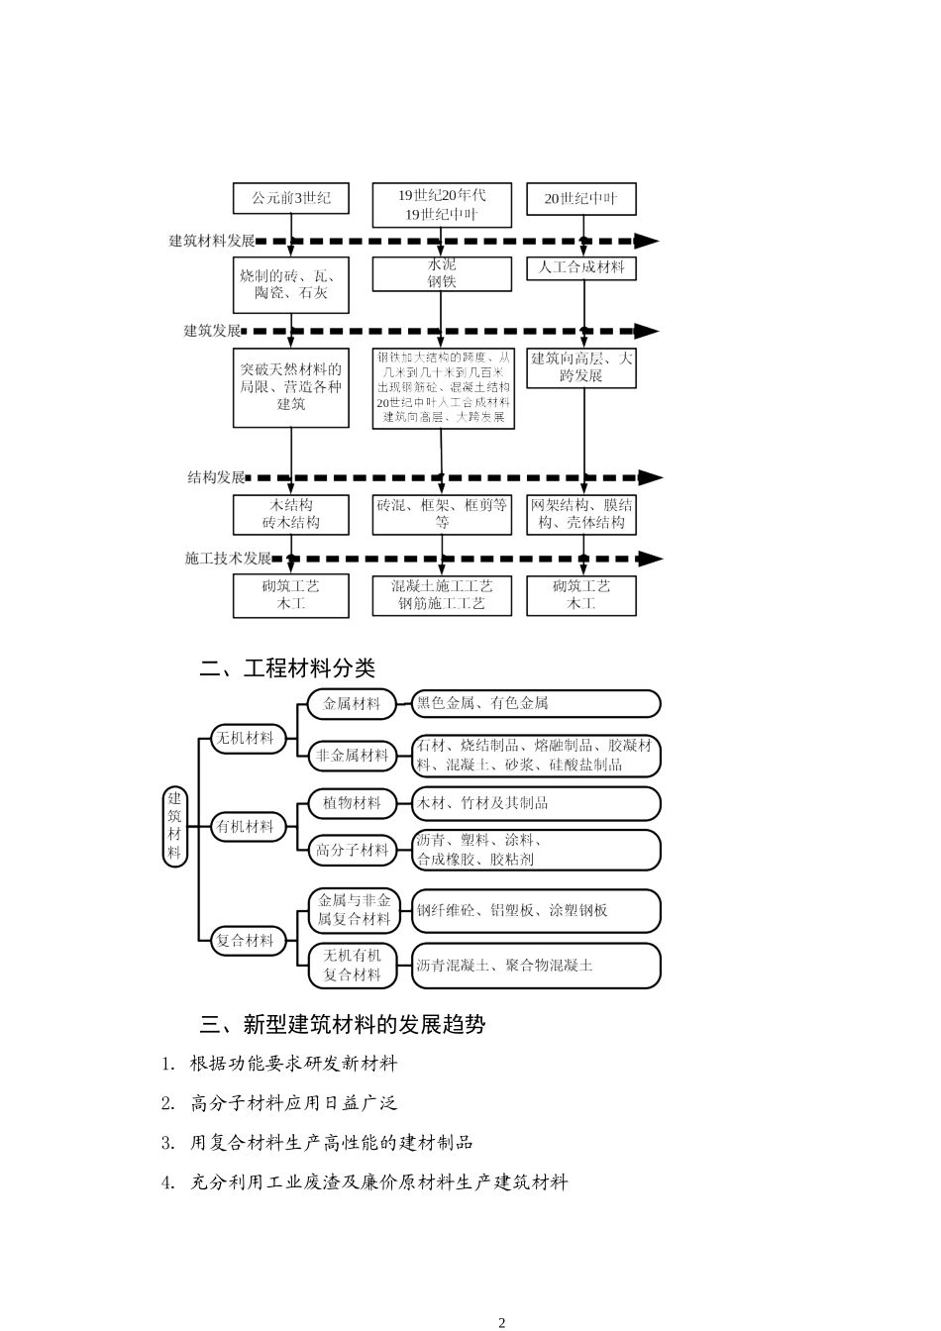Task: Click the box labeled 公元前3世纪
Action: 290,198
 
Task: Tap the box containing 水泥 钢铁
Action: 442,273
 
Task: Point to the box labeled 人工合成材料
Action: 580,267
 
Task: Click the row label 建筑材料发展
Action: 212,241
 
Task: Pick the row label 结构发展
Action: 216,477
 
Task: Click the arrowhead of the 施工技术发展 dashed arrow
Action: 650,559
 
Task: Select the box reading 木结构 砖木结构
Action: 290,514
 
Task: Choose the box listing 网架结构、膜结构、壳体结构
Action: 580,514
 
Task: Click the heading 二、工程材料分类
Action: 287,668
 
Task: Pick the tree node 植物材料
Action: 352,803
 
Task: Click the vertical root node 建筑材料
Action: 174,825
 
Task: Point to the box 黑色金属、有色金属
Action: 535,703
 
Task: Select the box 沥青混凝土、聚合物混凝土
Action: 535,965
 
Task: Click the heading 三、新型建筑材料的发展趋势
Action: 342,1024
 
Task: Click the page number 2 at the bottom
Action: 501,1322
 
